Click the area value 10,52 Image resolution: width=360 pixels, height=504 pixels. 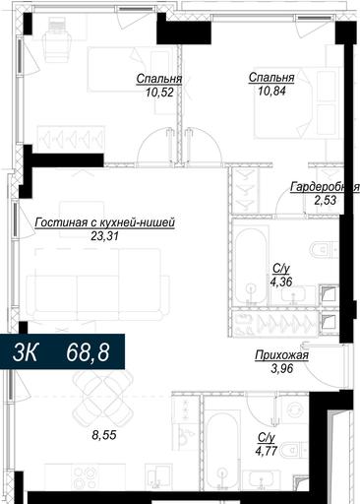[159, 93]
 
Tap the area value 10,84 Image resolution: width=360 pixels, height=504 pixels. [271, 91]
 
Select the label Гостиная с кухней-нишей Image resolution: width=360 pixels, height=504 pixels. [105, 222]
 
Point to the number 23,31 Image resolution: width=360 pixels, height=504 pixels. [104, 236]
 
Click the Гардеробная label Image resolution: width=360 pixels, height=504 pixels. [325, 187]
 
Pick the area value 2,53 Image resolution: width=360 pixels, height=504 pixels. [325, 200]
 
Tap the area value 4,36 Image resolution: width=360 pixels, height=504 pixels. [281, 282]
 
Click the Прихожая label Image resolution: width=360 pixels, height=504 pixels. [282, 355]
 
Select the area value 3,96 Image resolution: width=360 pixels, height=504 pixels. [282, 369]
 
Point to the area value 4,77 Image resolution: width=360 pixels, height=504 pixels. [267, 451]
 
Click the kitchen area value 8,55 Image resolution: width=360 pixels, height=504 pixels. [104, 435]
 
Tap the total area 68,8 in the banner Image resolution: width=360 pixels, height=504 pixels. [88, 352]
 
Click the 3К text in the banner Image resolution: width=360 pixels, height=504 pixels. [25, 352]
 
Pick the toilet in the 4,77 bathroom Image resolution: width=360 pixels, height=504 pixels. [296, 450]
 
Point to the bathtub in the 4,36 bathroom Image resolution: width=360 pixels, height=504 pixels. [251, 267]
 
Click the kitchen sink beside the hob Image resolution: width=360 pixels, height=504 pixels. [158, 478]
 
